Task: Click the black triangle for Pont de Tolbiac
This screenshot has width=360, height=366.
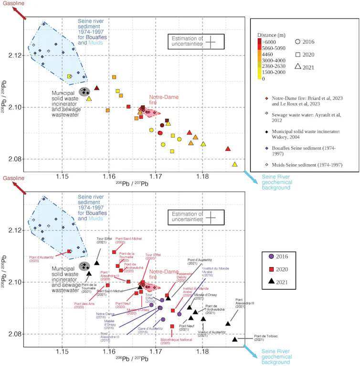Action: (x=235, y=339)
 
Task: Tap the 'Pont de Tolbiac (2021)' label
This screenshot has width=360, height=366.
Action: (x=265, y=337)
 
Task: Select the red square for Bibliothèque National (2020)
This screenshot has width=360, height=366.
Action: (x=172, y=326)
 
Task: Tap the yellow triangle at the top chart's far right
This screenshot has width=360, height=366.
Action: (x=235, y=164)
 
